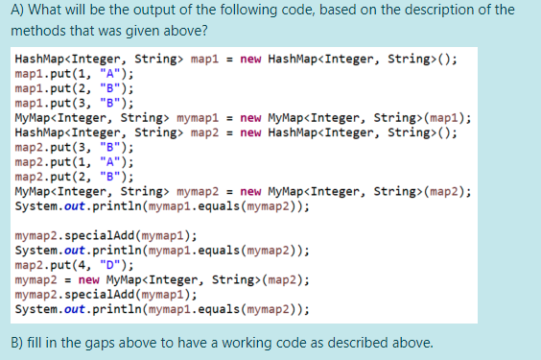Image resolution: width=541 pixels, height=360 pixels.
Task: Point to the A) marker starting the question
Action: click(17, 11)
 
